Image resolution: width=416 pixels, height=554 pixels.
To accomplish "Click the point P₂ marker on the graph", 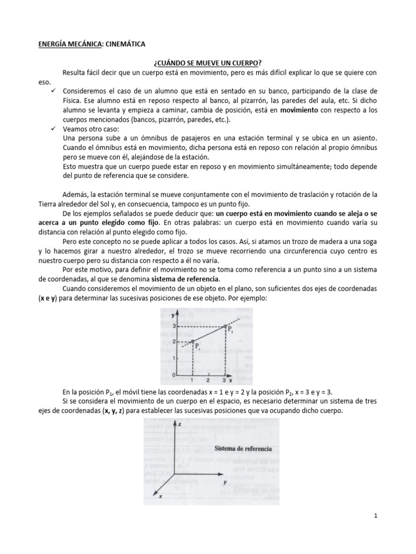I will [225, 326].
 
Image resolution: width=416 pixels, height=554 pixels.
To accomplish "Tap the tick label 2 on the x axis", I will [209, 380].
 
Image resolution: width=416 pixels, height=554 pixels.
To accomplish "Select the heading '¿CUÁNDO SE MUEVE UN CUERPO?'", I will [208, 63].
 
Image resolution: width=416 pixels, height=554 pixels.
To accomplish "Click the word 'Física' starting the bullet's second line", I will [71, 100].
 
